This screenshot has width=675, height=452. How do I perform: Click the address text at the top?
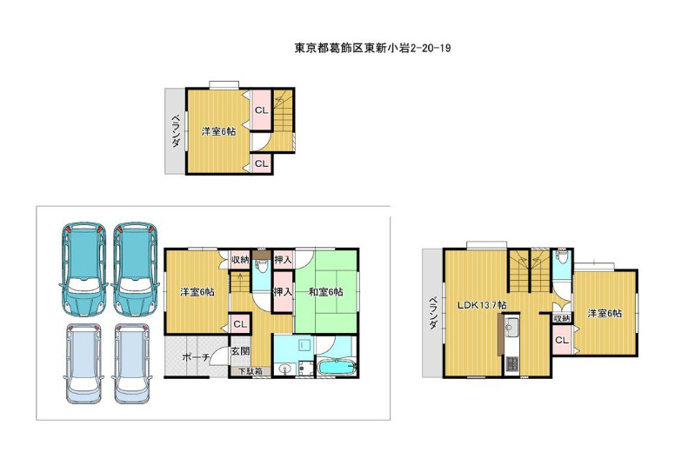pyautogui.click(x=372, y=48)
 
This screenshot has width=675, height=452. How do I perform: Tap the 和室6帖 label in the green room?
pyautogui.click(x=326, y=292)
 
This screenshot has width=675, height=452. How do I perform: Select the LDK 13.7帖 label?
pyautogui.click(x=482, y=305)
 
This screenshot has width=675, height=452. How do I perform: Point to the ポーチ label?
pyautogui.click(x=196, y=356)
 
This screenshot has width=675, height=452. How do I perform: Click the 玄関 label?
pyautogui.click(x=240, y=351)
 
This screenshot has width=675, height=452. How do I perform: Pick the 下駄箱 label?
pyautogui.click(x=251, y=370)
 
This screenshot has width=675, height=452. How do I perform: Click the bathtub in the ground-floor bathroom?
pyautogui.click(x=337, y=369)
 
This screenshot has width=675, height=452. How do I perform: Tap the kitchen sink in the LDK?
pyautogui.click(x=511, y=329)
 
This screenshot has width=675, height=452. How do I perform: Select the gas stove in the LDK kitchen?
pyautogui.click(x=511, y=364)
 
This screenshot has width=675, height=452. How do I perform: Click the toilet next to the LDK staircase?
pyautogui.click(x=562, y=259)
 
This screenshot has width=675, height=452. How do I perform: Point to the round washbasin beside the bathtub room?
pyautogui.click(x=284, y=369)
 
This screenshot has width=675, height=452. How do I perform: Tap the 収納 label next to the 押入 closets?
pyautogui.click(x=240, y=259)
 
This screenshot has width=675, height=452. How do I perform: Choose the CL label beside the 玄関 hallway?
pyautogui.click(x=240, y=324)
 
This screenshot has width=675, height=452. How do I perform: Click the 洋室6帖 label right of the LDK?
pyautogui.click(x=605, y=313)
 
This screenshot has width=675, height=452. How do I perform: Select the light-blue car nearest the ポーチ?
pyautogui.click(x=132, y=364)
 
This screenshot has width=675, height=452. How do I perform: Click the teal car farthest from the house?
pyautogui.click(x=84, y=269)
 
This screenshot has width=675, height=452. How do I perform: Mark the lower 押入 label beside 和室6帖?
pyautogui.click(x=284, y=292)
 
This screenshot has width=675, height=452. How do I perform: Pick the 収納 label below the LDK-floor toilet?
pyautogui.click(x=562, y=318)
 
